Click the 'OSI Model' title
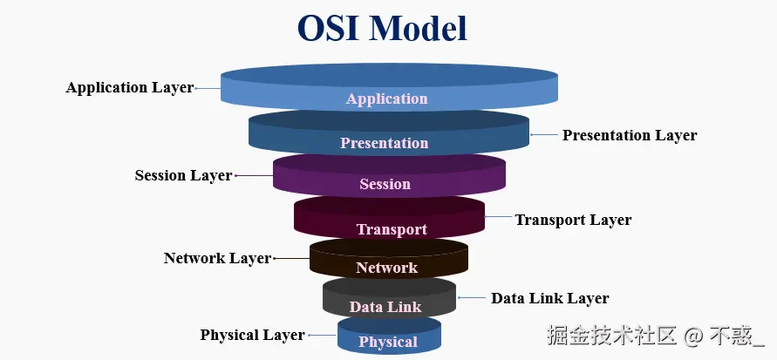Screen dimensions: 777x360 tap(382, 28)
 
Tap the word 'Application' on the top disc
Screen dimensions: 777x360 tap(386, 98)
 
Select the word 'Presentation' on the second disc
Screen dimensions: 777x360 tap(384, 143)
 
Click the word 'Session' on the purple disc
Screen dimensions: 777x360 tap(385, 184)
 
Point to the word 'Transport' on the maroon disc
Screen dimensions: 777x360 tap(392, 229)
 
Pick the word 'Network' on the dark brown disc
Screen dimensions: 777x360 tap(386, 268)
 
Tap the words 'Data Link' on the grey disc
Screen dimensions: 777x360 tap(385, 307)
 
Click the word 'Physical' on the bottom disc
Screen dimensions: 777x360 tap(388, 342)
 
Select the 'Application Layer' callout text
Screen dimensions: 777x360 tap(130, 88)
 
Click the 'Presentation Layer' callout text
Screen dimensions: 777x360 tap(630, 135)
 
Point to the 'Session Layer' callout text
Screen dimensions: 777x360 tap(183, 175)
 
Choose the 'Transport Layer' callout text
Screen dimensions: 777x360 tap(573, 220)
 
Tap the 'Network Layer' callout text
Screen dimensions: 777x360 tap(217, 258)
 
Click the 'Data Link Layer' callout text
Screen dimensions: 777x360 tap(550, 298)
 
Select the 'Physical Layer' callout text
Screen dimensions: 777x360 tap(252, 335)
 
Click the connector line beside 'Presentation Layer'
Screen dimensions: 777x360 tap(544, 135)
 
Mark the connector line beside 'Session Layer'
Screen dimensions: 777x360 tap(255, 175)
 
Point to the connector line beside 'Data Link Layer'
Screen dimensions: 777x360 tap(472, 297)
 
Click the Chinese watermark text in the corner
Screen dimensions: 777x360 tap(656, 336)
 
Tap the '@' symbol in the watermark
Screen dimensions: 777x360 tap(693, 336)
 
